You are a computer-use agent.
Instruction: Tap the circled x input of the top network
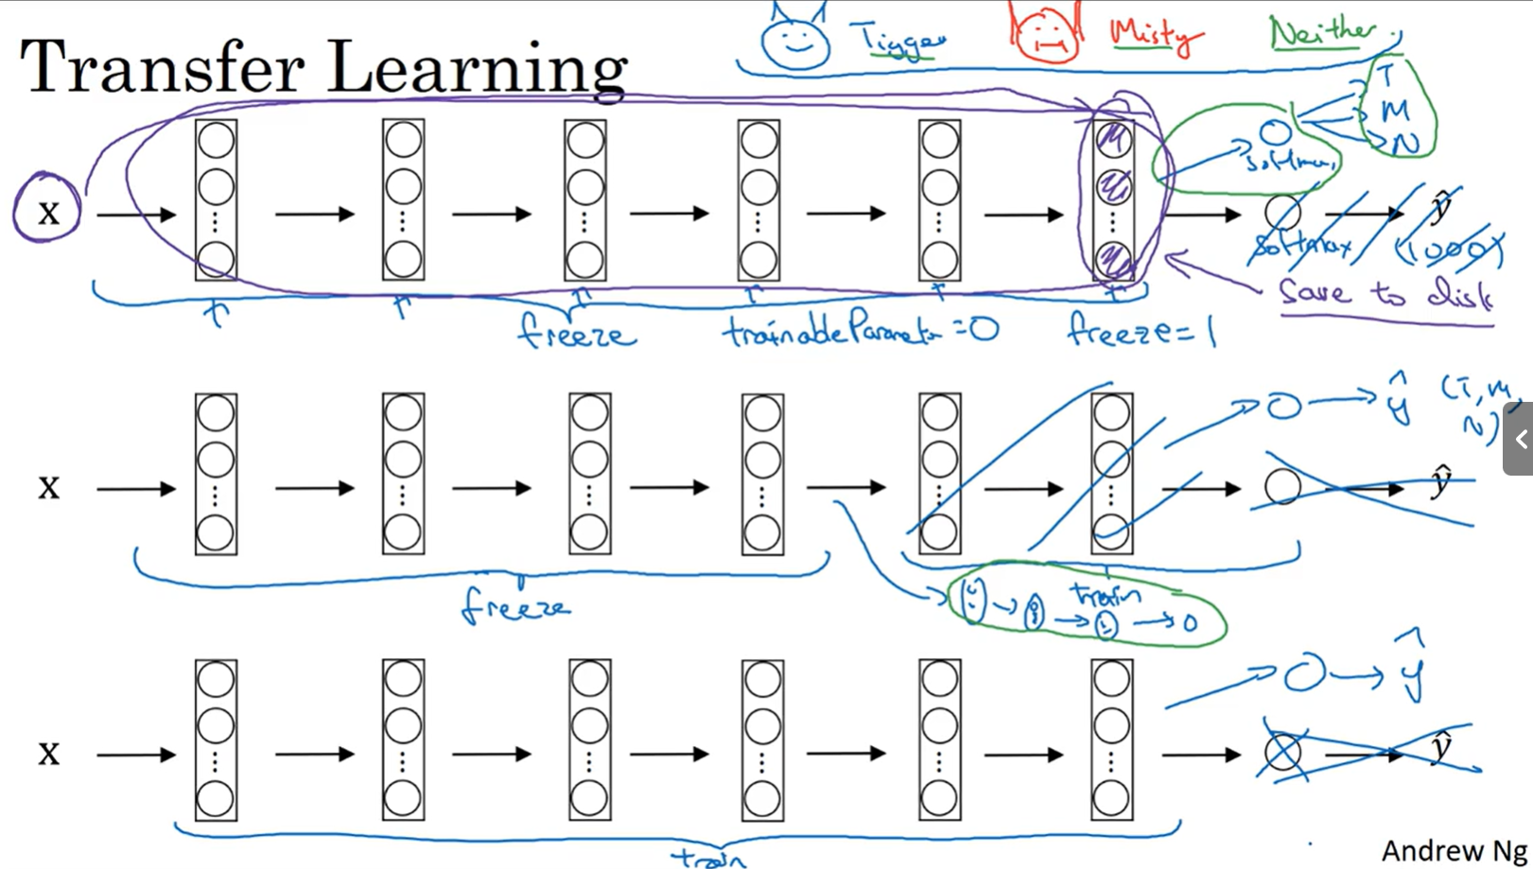click(x=47, y=210)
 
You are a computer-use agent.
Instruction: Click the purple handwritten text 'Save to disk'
click(x=1385, y=293)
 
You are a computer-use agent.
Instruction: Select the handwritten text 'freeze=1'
click(x=1141, y=330)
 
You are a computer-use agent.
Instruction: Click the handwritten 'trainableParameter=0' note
click(x=861, y=331)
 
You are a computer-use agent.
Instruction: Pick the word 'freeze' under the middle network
click(x=516, y=605)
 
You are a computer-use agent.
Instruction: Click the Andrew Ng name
click(x=1454, y=850)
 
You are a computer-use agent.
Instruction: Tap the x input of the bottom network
click(x=48, y=753)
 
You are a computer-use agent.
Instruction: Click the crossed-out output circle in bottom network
click(x=1282, y=753)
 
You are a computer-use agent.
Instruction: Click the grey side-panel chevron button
click(x=1520, y=439)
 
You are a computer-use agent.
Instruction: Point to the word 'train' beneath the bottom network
click(x=709, y=859)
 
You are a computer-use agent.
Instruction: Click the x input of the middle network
click(x=48, y=487)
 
